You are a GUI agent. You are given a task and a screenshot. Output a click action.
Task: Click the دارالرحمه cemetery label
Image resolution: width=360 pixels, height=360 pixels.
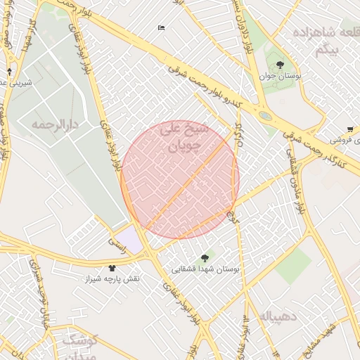53,124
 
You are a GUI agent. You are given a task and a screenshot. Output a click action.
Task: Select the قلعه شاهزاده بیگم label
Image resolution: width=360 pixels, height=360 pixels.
323,41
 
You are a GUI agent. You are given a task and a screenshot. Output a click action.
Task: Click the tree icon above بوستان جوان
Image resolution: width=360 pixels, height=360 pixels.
281,65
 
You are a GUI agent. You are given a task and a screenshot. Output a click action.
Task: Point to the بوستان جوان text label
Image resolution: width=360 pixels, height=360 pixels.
280,76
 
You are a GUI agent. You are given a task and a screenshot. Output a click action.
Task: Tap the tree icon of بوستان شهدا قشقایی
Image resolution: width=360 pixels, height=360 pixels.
205,258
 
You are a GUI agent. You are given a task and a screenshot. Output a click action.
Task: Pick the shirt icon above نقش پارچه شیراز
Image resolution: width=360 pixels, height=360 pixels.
112,268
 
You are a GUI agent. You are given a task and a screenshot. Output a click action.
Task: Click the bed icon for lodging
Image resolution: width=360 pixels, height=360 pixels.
161,28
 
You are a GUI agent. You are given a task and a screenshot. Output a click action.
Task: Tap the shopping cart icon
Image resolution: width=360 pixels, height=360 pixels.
350,129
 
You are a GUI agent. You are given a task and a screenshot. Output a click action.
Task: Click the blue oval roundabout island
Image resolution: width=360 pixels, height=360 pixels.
265,115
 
